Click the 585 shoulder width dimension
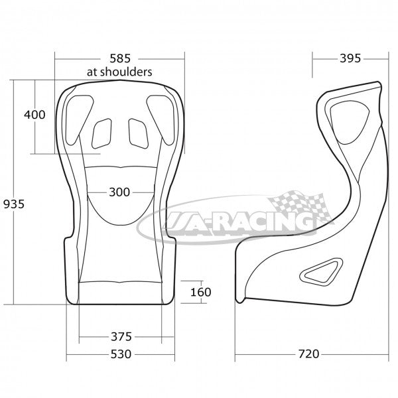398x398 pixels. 120,58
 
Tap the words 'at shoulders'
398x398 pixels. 119,72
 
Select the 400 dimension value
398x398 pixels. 34,115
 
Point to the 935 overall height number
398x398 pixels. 14,204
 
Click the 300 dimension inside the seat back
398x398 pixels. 119,192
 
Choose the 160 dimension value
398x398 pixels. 200,292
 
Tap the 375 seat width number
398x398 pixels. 121,337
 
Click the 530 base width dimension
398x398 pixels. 121,354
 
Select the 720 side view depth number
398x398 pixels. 308,354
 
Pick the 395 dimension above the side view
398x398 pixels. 350,58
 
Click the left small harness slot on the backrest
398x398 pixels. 101,133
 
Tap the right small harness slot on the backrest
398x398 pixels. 139,133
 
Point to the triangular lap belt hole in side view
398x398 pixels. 321,272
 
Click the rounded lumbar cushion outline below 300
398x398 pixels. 121,225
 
